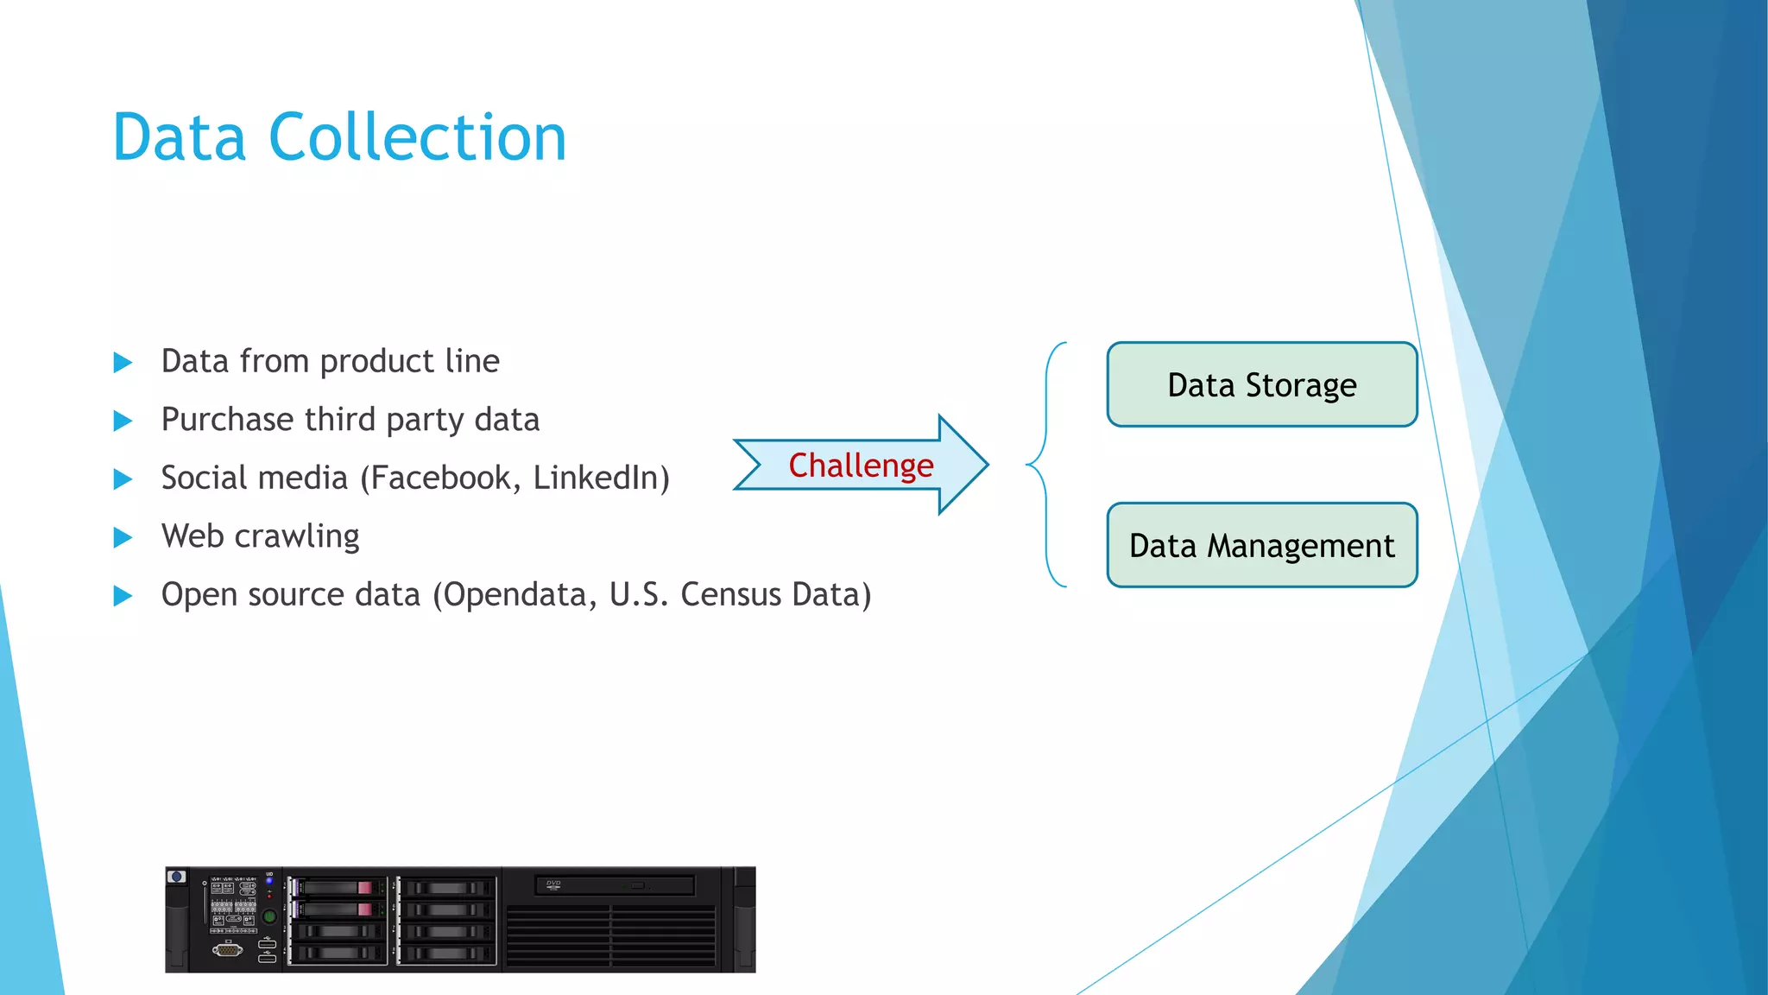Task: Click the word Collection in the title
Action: coord(417,137)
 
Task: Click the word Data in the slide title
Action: coord(179,137)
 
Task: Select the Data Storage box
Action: coord(1261,384)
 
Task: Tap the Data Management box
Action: coord(1261,545)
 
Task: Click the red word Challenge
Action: coord(861,466)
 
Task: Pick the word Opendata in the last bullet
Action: coord(515,594)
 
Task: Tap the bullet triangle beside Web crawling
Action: coord(123,538)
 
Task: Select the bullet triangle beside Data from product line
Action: coord(123,363)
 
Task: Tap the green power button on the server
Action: coord(269,916)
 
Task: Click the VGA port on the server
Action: coord(228,950)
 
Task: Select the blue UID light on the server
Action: coord(269,881)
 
